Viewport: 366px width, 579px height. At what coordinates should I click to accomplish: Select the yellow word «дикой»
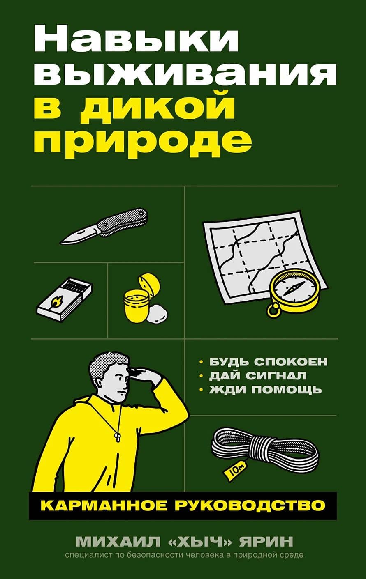[169, 108]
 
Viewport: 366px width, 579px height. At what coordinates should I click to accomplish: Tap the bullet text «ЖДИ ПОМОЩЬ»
[265, 389]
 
